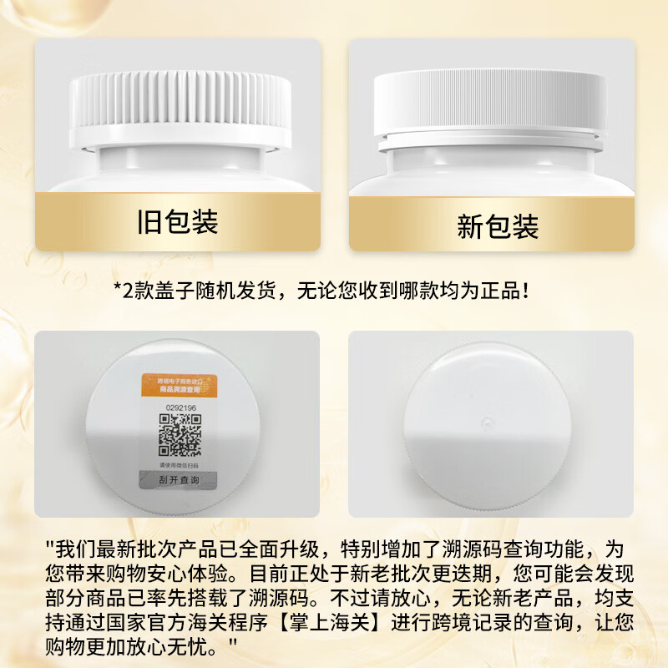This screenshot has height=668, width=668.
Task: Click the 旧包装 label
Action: (176, 222)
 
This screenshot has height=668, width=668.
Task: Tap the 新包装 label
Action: (498, 225)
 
